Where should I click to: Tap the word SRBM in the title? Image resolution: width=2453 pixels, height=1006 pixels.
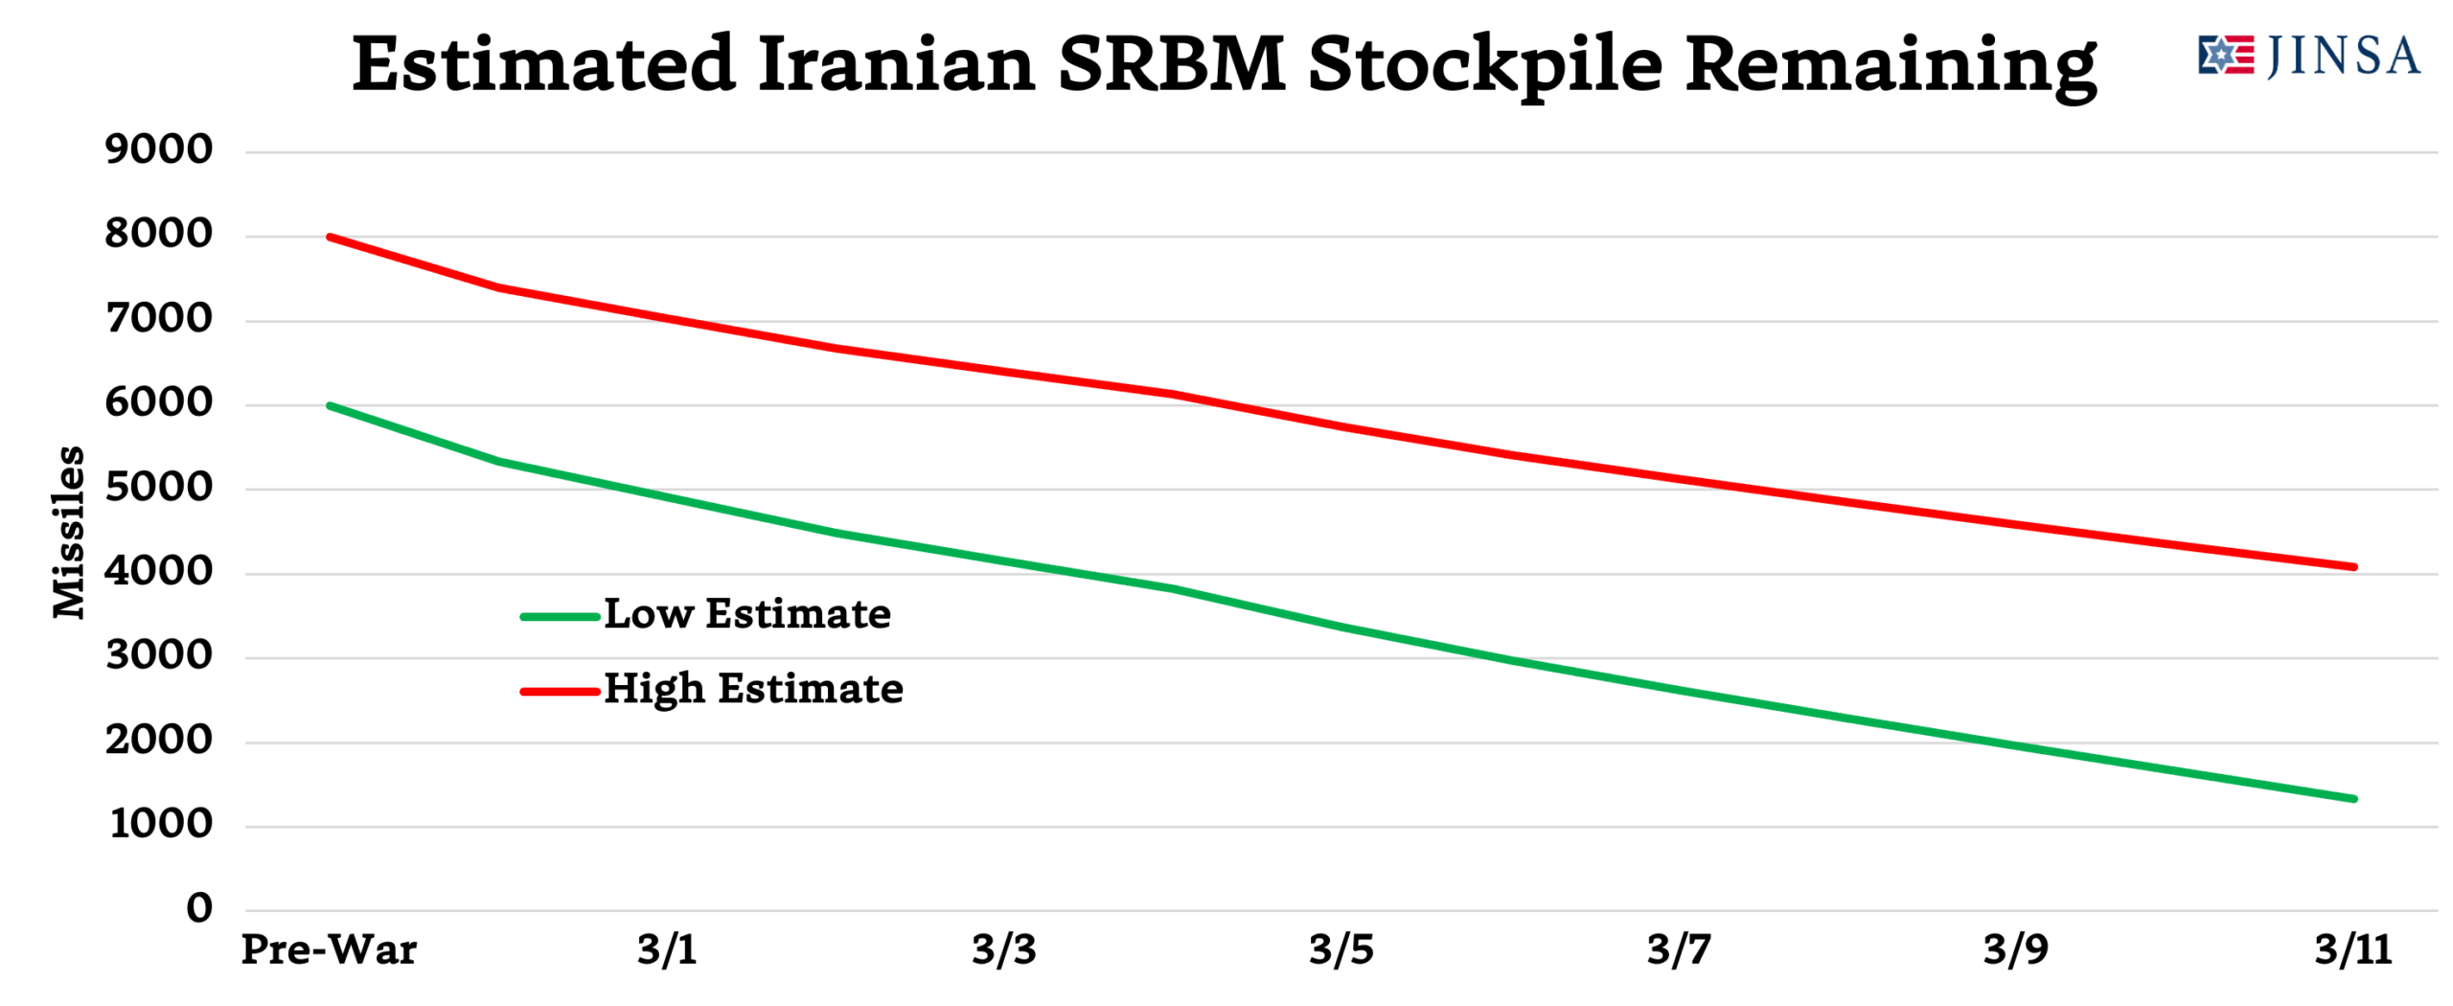[1171, 65]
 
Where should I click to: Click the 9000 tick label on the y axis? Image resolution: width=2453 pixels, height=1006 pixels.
[159, 150]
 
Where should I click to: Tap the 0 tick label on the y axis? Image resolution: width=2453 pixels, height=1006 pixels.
[199, 908]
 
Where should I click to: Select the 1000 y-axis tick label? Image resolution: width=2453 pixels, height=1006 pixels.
[161, 825]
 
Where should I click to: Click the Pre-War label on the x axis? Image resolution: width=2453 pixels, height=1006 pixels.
[329, 950]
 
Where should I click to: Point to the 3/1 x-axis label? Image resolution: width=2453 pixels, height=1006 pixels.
[667, 950]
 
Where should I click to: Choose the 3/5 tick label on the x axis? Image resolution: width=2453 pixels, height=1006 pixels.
[1341, 950]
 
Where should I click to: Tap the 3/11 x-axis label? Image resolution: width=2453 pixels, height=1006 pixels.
[2353, 950]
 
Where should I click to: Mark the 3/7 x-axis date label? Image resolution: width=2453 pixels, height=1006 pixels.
[1679, 950]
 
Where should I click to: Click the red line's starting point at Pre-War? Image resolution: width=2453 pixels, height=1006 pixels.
[330, 237]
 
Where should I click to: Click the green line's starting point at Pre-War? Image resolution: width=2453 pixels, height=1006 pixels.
[330, 405]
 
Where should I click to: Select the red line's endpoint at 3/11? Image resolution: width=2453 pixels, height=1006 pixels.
[2353, 567]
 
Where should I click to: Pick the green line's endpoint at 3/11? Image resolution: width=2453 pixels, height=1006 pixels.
[2353, 799]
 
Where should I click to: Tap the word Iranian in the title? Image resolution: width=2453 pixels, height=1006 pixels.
[897, 65]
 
